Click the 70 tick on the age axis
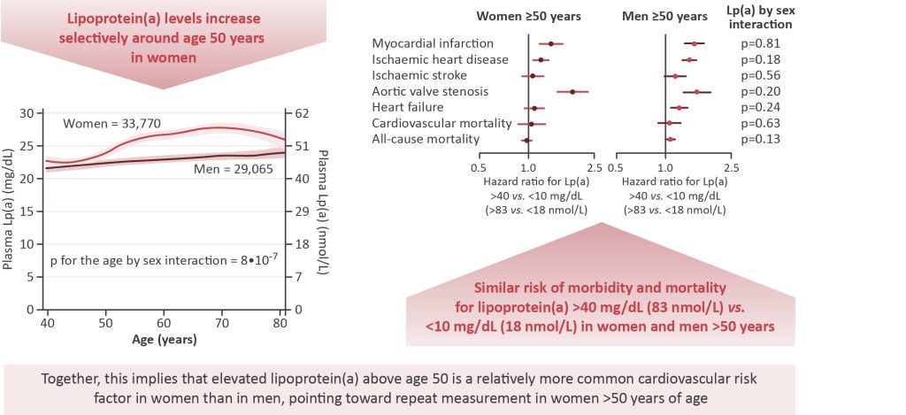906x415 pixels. (222, 324)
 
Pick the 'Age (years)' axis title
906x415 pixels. (165, 339)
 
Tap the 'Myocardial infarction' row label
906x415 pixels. (433, 43)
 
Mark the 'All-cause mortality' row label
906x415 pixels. (426, 139)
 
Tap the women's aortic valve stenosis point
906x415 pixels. (572, 91)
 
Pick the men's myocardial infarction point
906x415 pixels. (695, 43)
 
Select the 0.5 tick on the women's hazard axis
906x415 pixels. (479, 166)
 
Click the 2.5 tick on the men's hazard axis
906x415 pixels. (730, 166)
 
